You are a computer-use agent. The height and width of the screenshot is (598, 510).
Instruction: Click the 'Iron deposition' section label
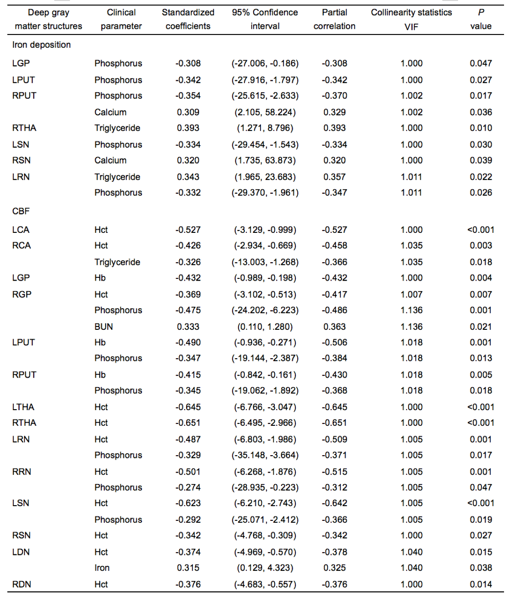41,45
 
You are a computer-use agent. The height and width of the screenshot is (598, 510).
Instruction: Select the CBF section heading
21,211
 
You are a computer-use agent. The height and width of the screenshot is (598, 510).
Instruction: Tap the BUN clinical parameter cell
103,327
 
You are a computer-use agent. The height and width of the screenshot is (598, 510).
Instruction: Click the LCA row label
21,230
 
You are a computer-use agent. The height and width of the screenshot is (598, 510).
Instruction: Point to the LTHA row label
23,407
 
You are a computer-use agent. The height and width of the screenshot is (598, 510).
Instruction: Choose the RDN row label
22,584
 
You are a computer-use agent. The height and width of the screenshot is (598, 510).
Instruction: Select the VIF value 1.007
411,294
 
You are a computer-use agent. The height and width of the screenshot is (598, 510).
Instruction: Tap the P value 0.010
481,128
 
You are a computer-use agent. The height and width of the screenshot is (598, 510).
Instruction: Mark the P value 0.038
481,568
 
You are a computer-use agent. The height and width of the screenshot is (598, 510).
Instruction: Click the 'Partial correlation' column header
334,19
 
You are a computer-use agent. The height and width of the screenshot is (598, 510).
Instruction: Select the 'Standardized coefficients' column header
188,19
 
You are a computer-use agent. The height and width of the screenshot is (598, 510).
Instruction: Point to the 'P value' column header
481,19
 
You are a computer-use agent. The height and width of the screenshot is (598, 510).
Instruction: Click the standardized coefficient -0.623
188,503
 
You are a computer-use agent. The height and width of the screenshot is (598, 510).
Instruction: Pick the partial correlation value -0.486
334,310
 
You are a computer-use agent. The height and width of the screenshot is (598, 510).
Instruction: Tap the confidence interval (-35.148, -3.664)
265,455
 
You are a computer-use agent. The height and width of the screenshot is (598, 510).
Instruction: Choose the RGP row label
22,294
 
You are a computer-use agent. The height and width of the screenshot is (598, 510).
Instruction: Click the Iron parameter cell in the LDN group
102,568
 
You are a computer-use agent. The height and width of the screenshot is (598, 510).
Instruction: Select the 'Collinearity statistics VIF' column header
411,19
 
